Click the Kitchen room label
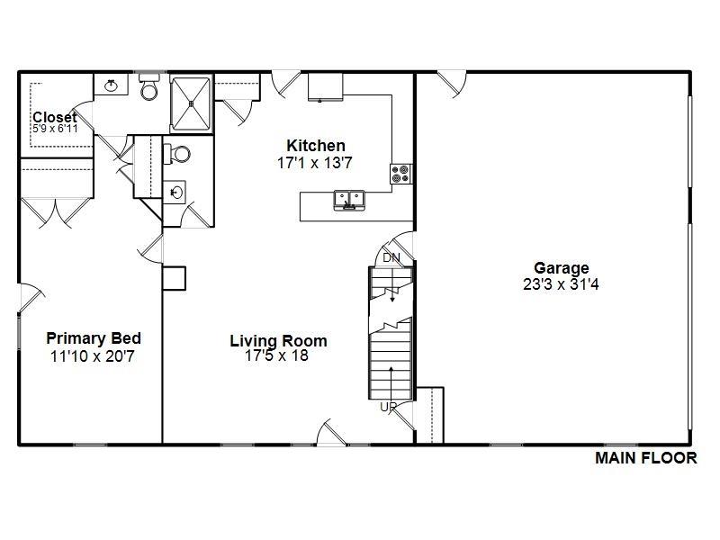point(316,146)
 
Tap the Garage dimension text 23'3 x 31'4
point(562,283)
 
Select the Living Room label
point(278,341)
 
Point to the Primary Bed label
point(94,338)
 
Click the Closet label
point(54,118)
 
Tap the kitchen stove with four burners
point(400,174)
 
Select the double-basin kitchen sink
point(347,199)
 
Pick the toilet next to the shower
point(149,88)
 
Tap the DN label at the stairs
point(391,257)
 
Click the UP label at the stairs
point(389,407)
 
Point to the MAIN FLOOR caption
point(645,458)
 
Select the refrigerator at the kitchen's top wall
point(326,87)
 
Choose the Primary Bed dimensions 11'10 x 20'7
point(94,355)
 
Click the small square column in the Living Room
point(174,277)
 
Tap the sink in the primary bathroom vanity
point(112,85)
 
